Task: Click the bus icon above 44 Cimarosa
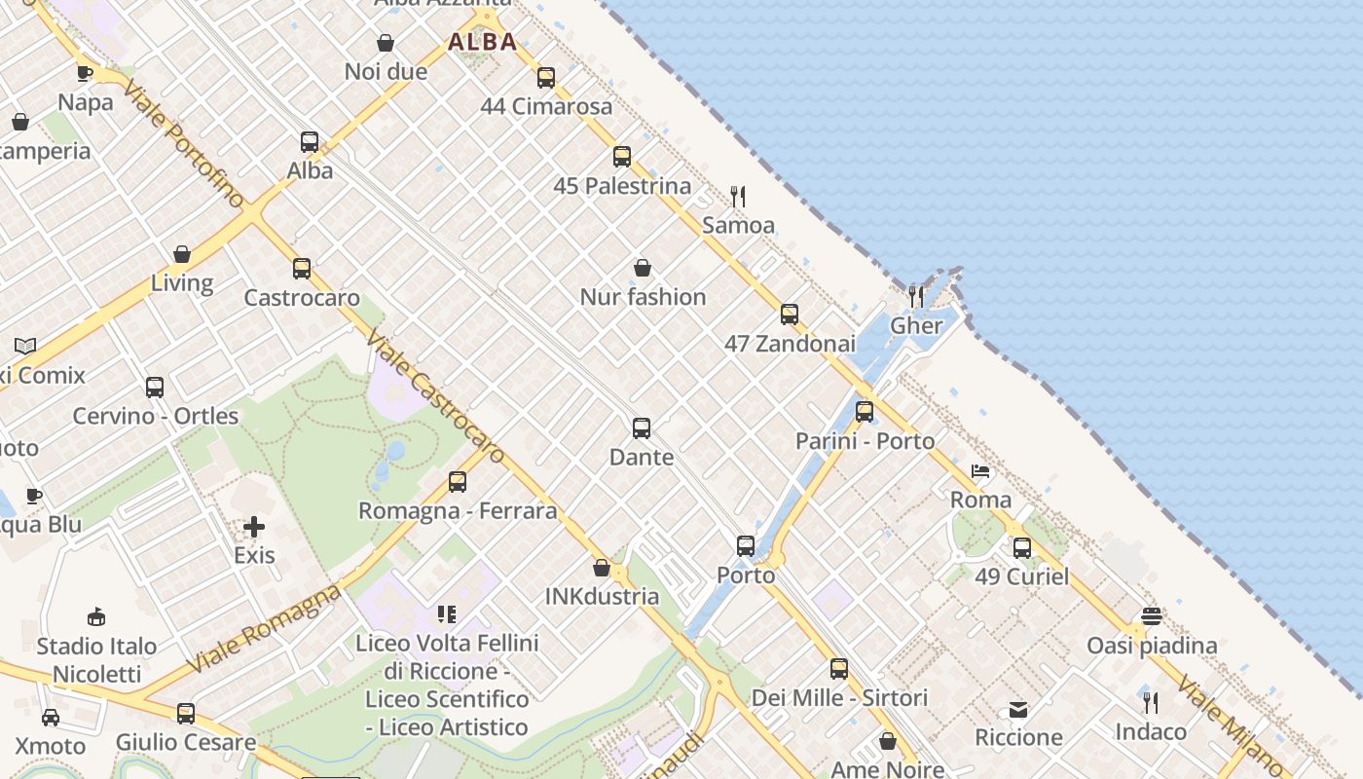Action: pyautogui.click(x=546, y=78)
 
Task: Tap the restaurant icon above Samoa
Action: pyautogui.click(x=738, y=197)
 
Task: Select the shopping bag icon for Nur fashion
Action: pyautogui.click(x=643, y=268)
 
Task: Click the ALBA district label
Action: pyautogui.click(x=482, y=42)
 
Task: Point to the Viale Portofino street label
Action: pyautogui.click(x=184, y=144)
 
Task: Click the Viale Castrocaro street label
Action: pyautogui.click(x=435, y=395)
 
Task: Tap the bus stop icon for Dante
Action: pyautogui.click(x=642, y=428)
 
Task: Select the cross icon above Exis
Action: pyautogui.click(x=254, y=528)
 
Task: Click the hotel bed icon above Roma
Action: pyautogui.click(x=980, y=472)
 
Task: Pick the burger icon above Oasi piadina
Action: pyautogui.click(x=1152, y=616)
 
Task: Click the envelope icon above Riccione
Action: pyautogui.click(x=1018, y=709)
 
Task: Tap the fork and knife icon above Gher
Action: pyautogui.click(x=916, y=296)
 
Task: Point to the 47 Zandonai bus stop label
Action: pyautogui.click(x=790, y=344)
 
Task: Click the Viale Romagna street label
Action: pyautogui.click(x=263, y=628)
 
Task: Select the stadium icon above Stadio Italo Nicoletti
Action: pyautogui.click(x=96, y=616)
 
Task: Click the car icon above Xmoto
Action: pyautogui.click(x=51, y=718)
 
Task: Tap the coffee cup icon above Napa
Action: pyautogui.click(x=85, y=73)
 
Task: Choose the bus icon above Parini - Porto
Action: pyautogui.click(x=865, y=412)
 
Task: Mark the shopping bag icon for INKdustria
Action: pyautogui.click(x=602, y=568)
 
